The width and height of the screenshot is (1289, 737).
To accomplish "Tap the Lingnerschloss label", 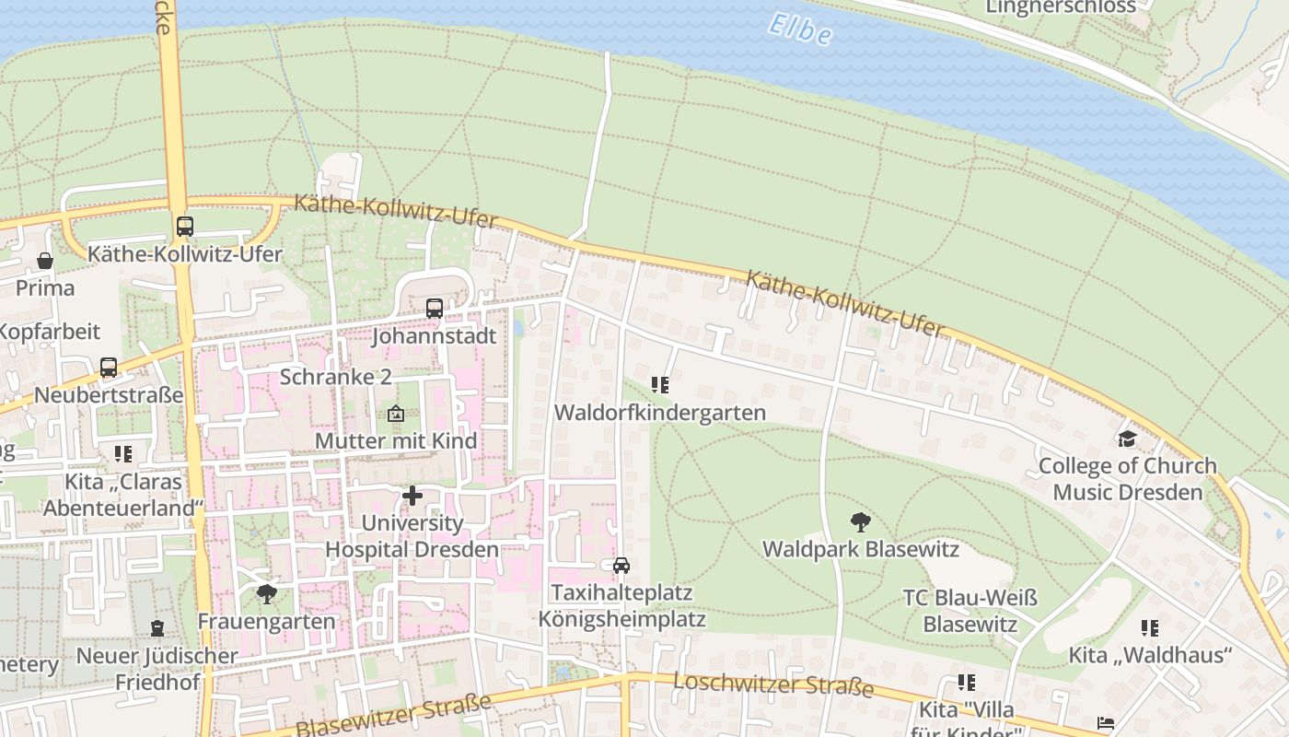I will coord(1061,6).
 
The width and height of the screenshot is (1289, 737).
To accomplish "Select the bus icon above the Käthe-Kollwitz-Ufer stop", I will coord(185,226).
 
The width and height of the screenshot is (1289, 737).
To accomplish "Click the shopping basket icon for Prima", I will coord(45,262).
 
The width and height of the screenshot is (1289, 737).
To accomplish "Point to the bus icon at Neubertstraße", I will coord(109,368).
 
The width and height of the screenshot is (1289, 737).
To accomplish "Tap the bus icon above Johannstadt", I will coord(435,309).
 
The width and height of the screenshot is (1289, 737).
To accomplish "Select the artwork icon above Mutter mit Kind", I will coord(396,414).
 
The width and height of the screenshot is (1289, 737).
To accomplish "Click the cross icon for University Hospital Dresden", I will coord(412,497).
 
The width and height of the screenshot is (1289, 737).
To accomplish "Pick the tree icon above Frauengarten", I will coord(267,593).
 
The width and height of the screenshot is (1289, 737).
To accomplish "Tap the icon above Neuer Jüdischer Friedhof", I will coord(157,628).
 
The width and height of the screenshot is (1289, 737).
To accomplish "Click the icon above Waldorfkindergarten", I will coord(660,384).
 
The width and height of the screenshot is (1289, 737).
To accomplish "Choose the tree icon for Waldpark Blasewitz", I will coord(861,522).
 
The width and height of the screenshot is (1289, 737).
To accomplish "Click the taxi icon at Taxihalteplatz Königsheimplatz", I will coord(621,565).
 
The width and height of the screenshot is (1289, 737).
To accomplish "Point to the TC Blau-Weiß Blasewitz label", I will coord(970,612).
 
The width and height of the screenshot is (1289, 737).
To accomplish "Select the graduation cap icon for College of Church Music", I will coord(1127,439).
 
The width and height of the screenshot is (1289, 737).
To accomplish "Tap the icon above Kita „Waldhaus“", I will coord(1150,628).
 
